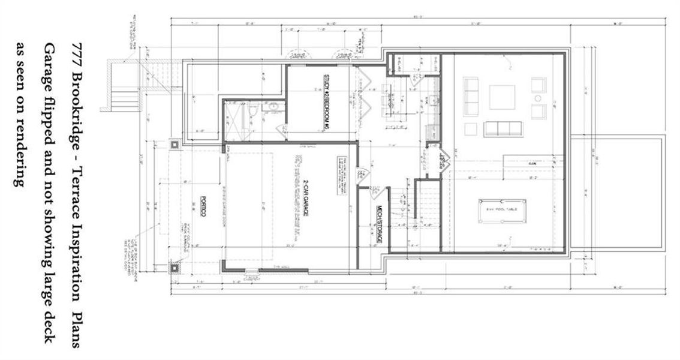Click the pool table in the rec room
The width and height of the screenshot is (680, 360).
(503, 211)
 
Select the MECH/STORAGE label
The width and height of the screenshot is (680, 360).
(379, 225)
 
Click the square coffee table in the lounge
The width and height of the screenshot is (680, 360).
(502, 97)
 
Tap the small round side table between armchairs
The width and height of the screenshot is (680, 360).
(538, 98)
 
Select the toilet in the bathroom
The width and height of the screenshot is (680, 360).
(254, 110)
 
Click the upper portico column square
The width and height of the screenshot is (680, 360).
(174, 145)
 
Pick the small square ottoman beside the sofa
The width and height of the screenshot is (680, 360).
(471, 129)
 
